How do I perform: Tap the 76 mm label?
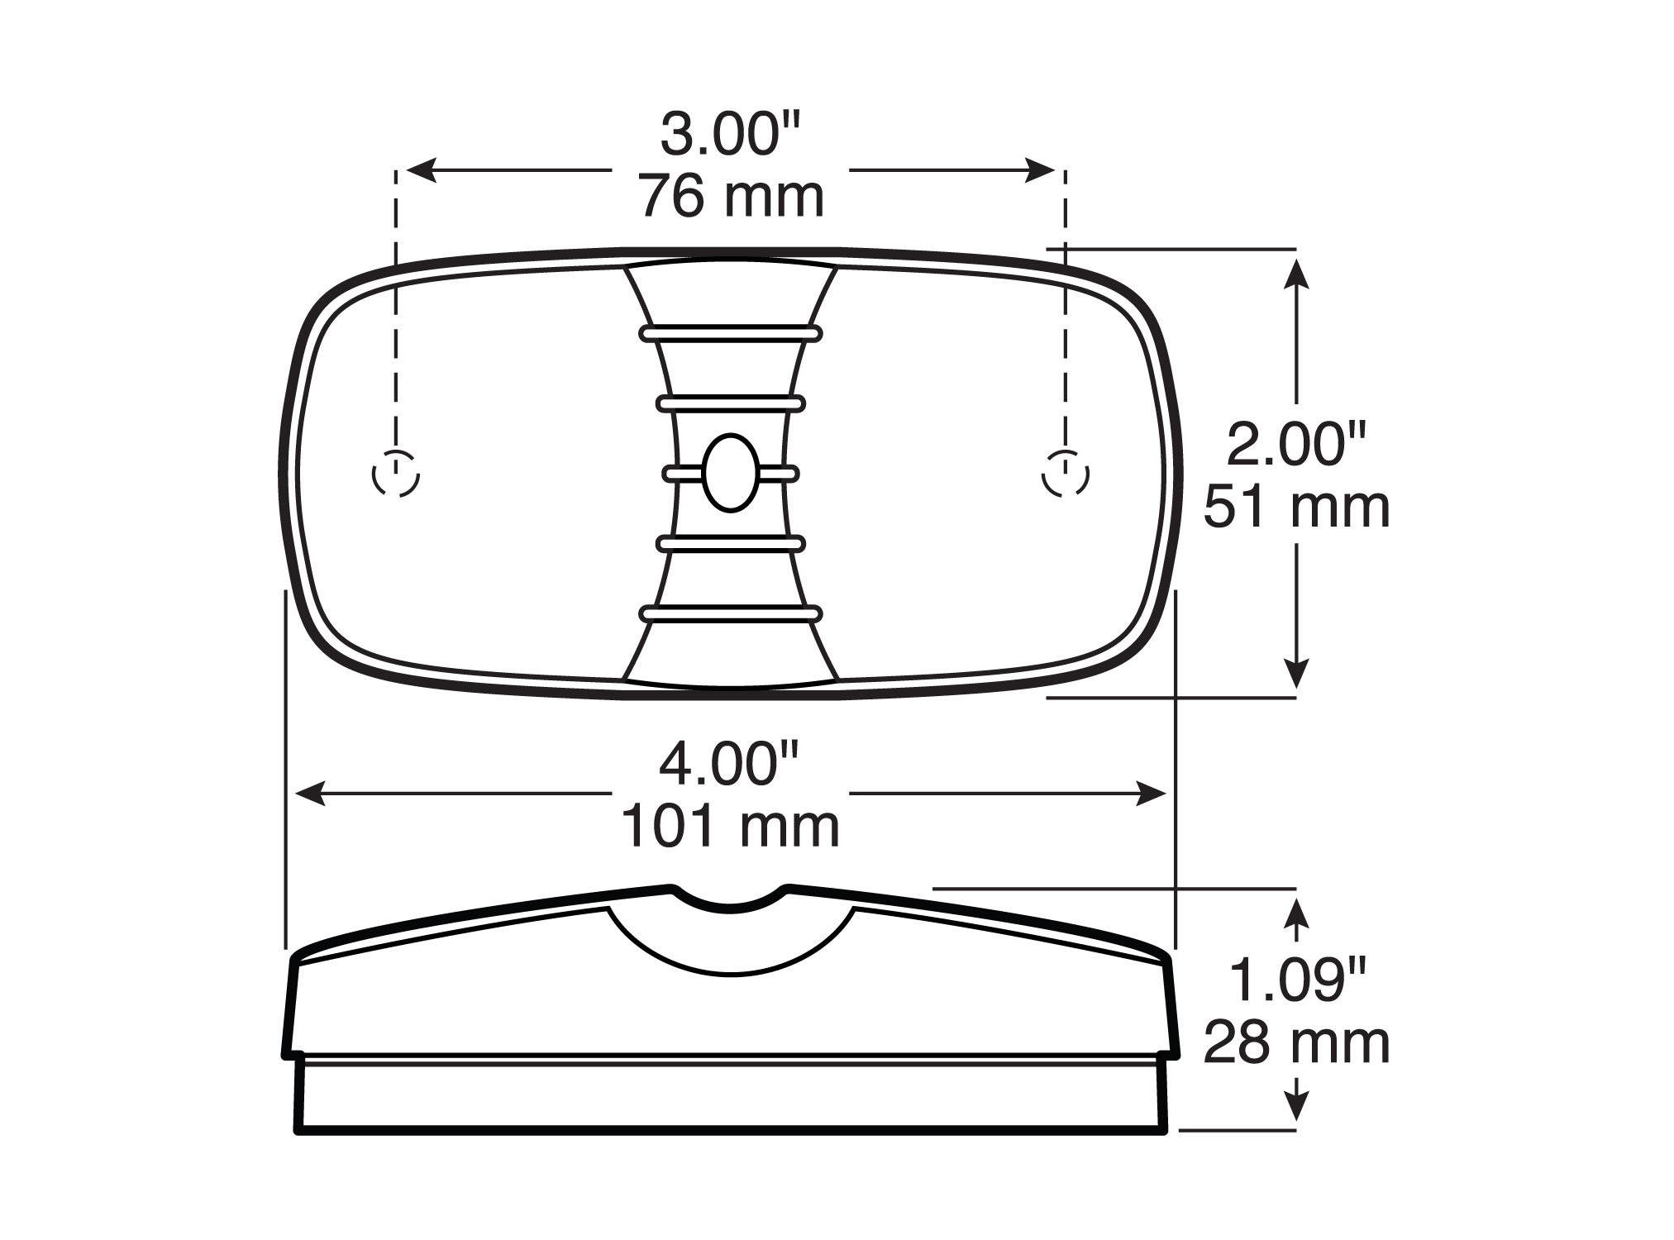pyautogui.click(x=731, y=198)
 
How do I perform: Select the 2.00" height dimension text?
pyautogui.click(x=1295, y=444)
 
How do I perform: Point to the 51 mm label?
pyautogui.click(x=1295, y=507)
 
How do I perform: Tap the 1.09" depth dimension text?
pyautogui.click(x=1295, y=980)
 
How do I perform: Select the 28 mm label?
pyautogui.click(x=1295, y=1043)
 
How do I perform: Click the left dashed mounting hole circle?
pyautogui.click(x=396, y=474)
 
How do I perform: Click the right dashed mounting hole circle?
pyautogui.click(x=1065, y=474)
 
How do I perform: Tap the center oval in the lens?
pyautogui.click(x=731, y=472)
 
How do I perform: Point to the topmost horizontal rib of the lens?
pyautogui.click(x=731, y=333)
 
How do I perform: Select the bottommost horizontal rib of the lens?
pyautogui.click(x=731, y=613)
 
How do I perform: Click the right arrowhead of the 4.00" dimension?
pyautogui.click(x=1152, y=794)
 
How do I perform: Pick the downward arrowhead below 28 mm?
pyautogui.click(x=1297, y=1106)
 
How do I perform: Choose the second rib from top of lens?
pyautogui.click(x=731, y=403)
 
